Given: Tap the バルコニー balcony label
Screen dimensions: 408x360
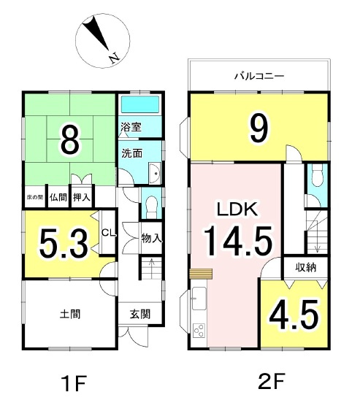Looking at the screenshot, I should tap(258, 76).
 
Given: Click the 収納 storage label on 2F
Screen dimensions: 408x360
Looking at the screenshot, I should tap(307, 266).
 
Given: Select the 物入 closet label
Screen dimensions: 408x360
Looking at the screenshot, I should tap(151, 238).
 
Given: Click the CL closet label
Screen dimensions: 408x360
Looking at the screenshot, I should tap(107, 234).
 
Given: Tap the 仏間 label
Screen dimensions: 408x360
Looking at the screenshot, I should tap(58, 197).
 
